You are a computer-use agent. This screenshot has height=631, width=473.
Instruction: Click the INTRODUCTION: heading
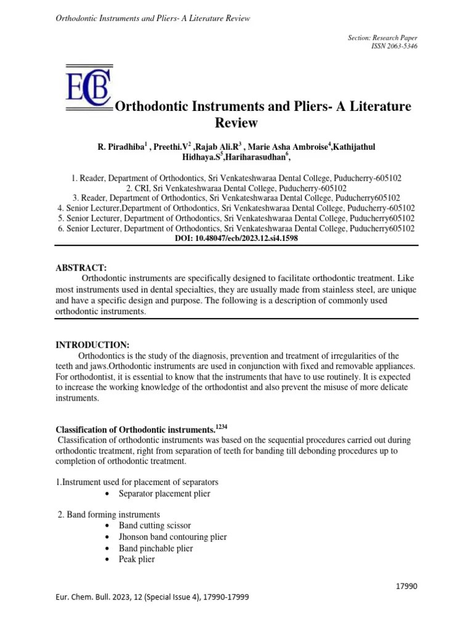[93, 344]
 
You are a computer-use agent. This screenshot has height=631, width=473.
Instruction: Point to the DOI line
[236, 238]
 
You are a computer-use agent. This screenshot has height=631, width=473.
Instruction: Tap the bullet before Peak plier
[108, 560]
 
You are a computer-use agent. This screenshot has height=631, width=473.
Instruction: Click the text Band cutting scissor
[155, 526]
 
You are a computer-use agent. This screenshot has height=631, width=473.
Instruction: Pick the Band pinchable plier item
[156, 548]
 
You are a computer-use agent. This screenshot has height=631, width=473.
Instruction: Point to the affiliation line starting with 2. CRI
[236, 188]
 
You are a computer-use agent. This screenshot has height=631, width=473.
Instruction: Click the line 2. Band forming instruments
[108, 515]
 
